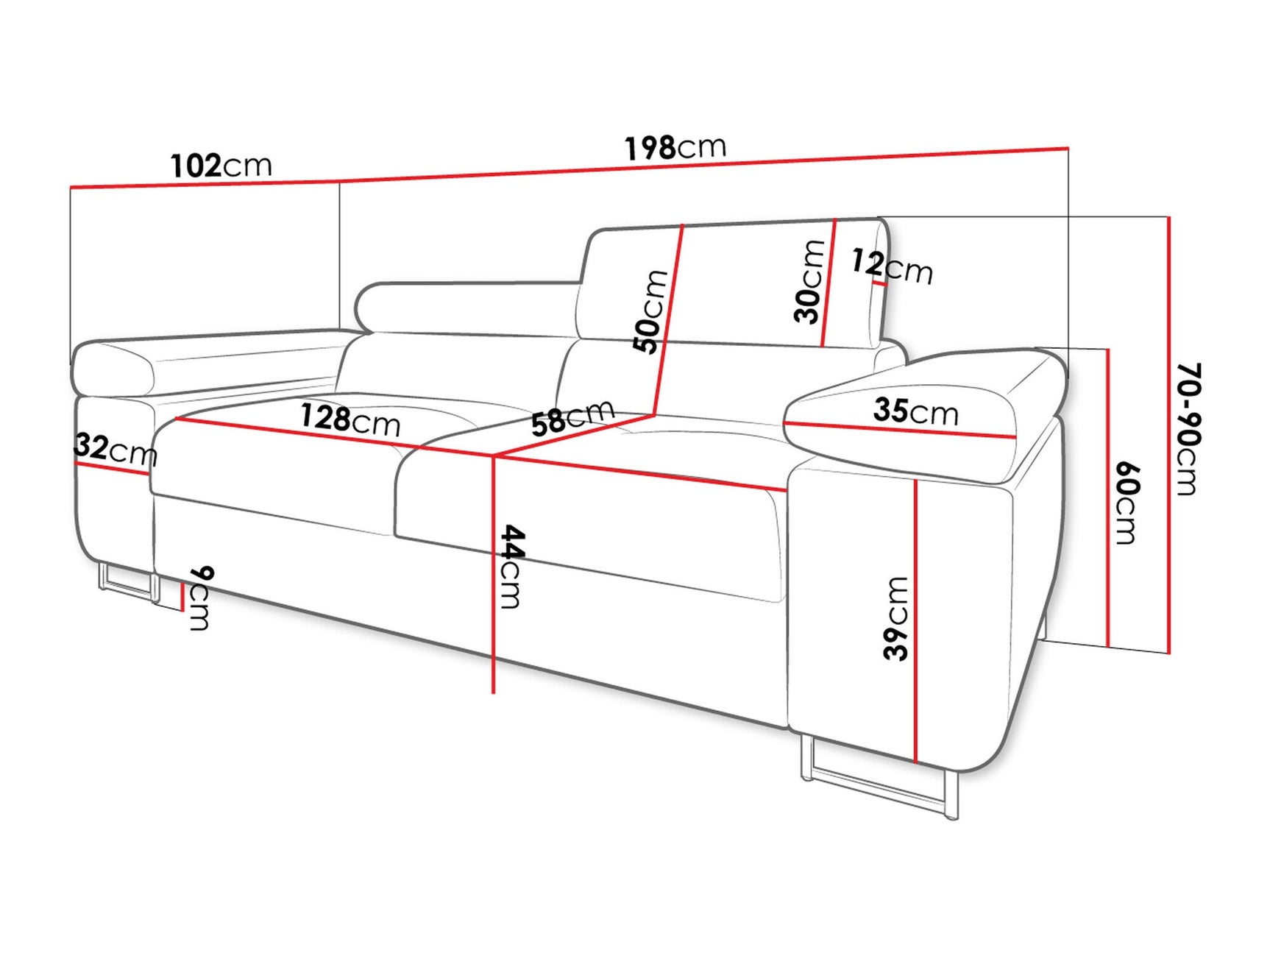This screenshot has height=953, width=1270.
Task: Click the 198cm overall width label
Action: point(675,147)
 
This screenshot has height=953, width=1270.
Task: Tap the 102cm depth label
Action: point(221,166)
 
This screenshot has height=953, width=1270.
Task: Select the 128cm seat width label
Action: point(350,419)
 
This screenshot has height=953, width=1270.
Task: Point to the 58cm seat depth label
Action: point(572,417)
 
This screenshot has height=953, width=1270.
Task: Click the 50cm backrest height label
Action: point(650,311)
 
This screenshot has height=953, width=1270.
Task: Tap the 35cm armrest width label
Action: point(916,411)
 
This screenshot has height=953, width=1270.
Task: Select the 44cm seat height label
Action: point(510,567)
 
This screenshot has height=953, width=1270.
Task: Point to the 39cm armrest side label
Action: point(896,618)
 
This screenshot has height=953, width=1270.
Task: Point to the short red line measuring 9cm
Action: point(182,596)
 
